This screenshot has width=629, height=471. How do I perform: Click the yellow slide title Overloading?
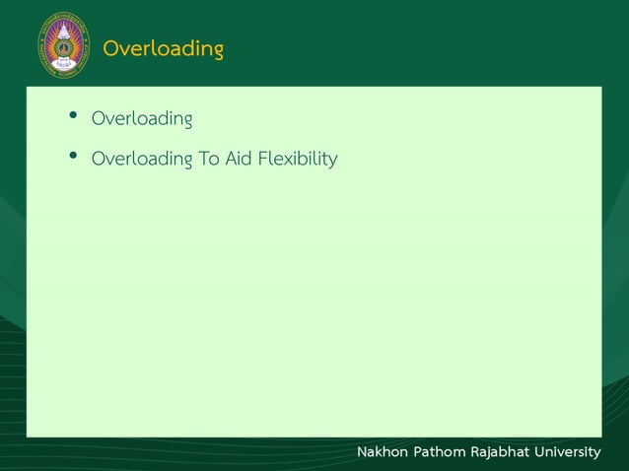point(163,48)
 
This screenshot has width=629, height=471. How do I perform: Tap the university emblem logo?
point(62,44)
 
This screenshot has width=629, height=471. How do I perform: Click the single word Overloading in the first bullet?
point(141,119)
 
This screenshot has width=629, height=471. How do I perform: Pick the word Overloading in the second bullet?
point(141,158)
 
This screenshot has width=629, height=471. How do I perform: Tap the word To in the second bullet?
point(209,158)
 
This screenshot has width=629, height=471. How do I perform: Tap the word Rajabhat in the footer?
point(500,451)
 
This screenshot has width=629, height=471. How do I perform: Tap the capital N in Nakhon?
point(362,451)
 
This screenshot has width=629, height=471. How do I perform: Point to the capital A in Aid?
point(231,158)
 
